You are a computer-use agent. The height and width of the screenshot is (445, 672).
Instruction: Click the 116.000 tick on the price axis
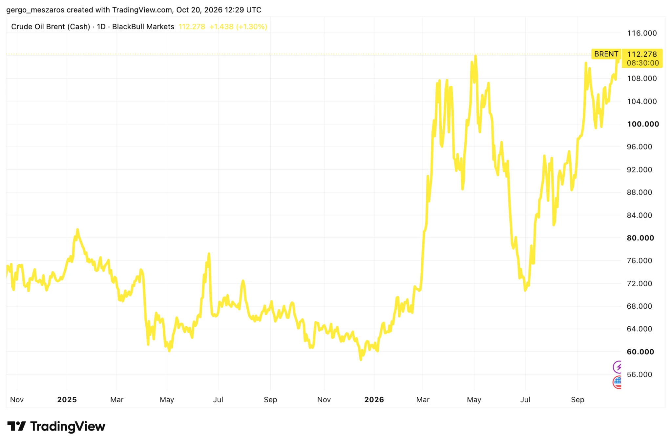pyautogui.click(x=641, y=33)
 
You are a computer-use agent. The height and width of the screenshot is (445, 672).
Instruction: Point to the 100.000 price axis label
pyautogui.click(x=643, y=124)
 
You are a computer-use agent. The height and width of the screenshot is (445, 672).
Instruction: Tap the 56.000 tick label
pyautogui.click(x=639, y=374)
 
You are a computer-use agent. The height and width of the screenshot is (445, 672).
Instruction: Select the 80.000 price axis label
pyautogui.click(x=640, y=238)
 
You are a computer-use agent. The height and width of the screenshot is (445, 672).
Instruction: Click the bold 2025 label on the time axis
pyautogui.click(x=67, y=400)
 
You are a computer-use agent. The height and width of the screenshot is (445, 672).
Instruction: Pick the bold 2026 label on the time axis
pyautogui.click(x=374, y=400)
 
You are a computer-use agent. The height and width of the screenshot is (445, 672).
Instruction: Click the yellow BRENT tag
pyautogui.click(x=606, y=54)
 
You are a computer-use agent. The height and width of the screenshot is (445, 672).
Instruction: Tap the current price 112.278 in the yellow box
pyautogui.click(x=642, y=54)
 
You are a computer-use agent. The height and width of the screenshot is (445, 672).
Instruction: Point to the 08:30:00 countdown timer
pyautogui.click(x=643, y=63)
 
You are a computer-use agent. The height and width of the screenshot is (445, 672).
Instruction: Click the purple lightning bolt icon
pyautogui.click(x=618, y=367)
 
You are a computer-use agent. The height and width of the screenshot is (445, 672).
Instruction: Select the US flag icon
pyautogui.click(x=618, y=382)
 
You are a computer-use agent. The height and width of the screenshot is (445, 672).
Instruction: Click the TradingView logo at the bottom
pyautogui.click(x=56, y=426)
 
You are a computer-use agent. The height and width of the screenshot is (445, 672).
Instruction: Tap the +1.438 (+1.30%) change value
pyautogui.click(x=238, y=27)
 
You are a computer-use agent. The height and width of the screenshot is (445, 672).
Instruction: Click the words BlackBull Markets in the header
pyautogui.click(x=143, y=27)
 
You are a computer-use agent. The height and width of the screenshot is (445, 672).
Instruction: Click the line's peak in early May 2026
pyautogui.click(x=475, y=56)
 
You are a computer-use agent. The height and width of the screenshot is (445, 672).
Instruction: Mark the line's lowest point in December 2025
pyautogui.click(x=361, y=359)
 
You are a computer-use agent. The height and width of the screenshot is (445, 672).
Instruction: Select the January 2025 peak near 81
pyautogui.click(x=77, y=230)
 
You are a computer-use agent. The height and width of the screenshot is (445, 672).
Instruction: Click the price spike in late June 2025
pyautogui.click(x=209, y=254)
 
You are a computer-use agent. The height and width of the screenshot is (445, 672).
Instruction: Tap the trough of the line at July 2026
pyautogui.click(x=525, y=290)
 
